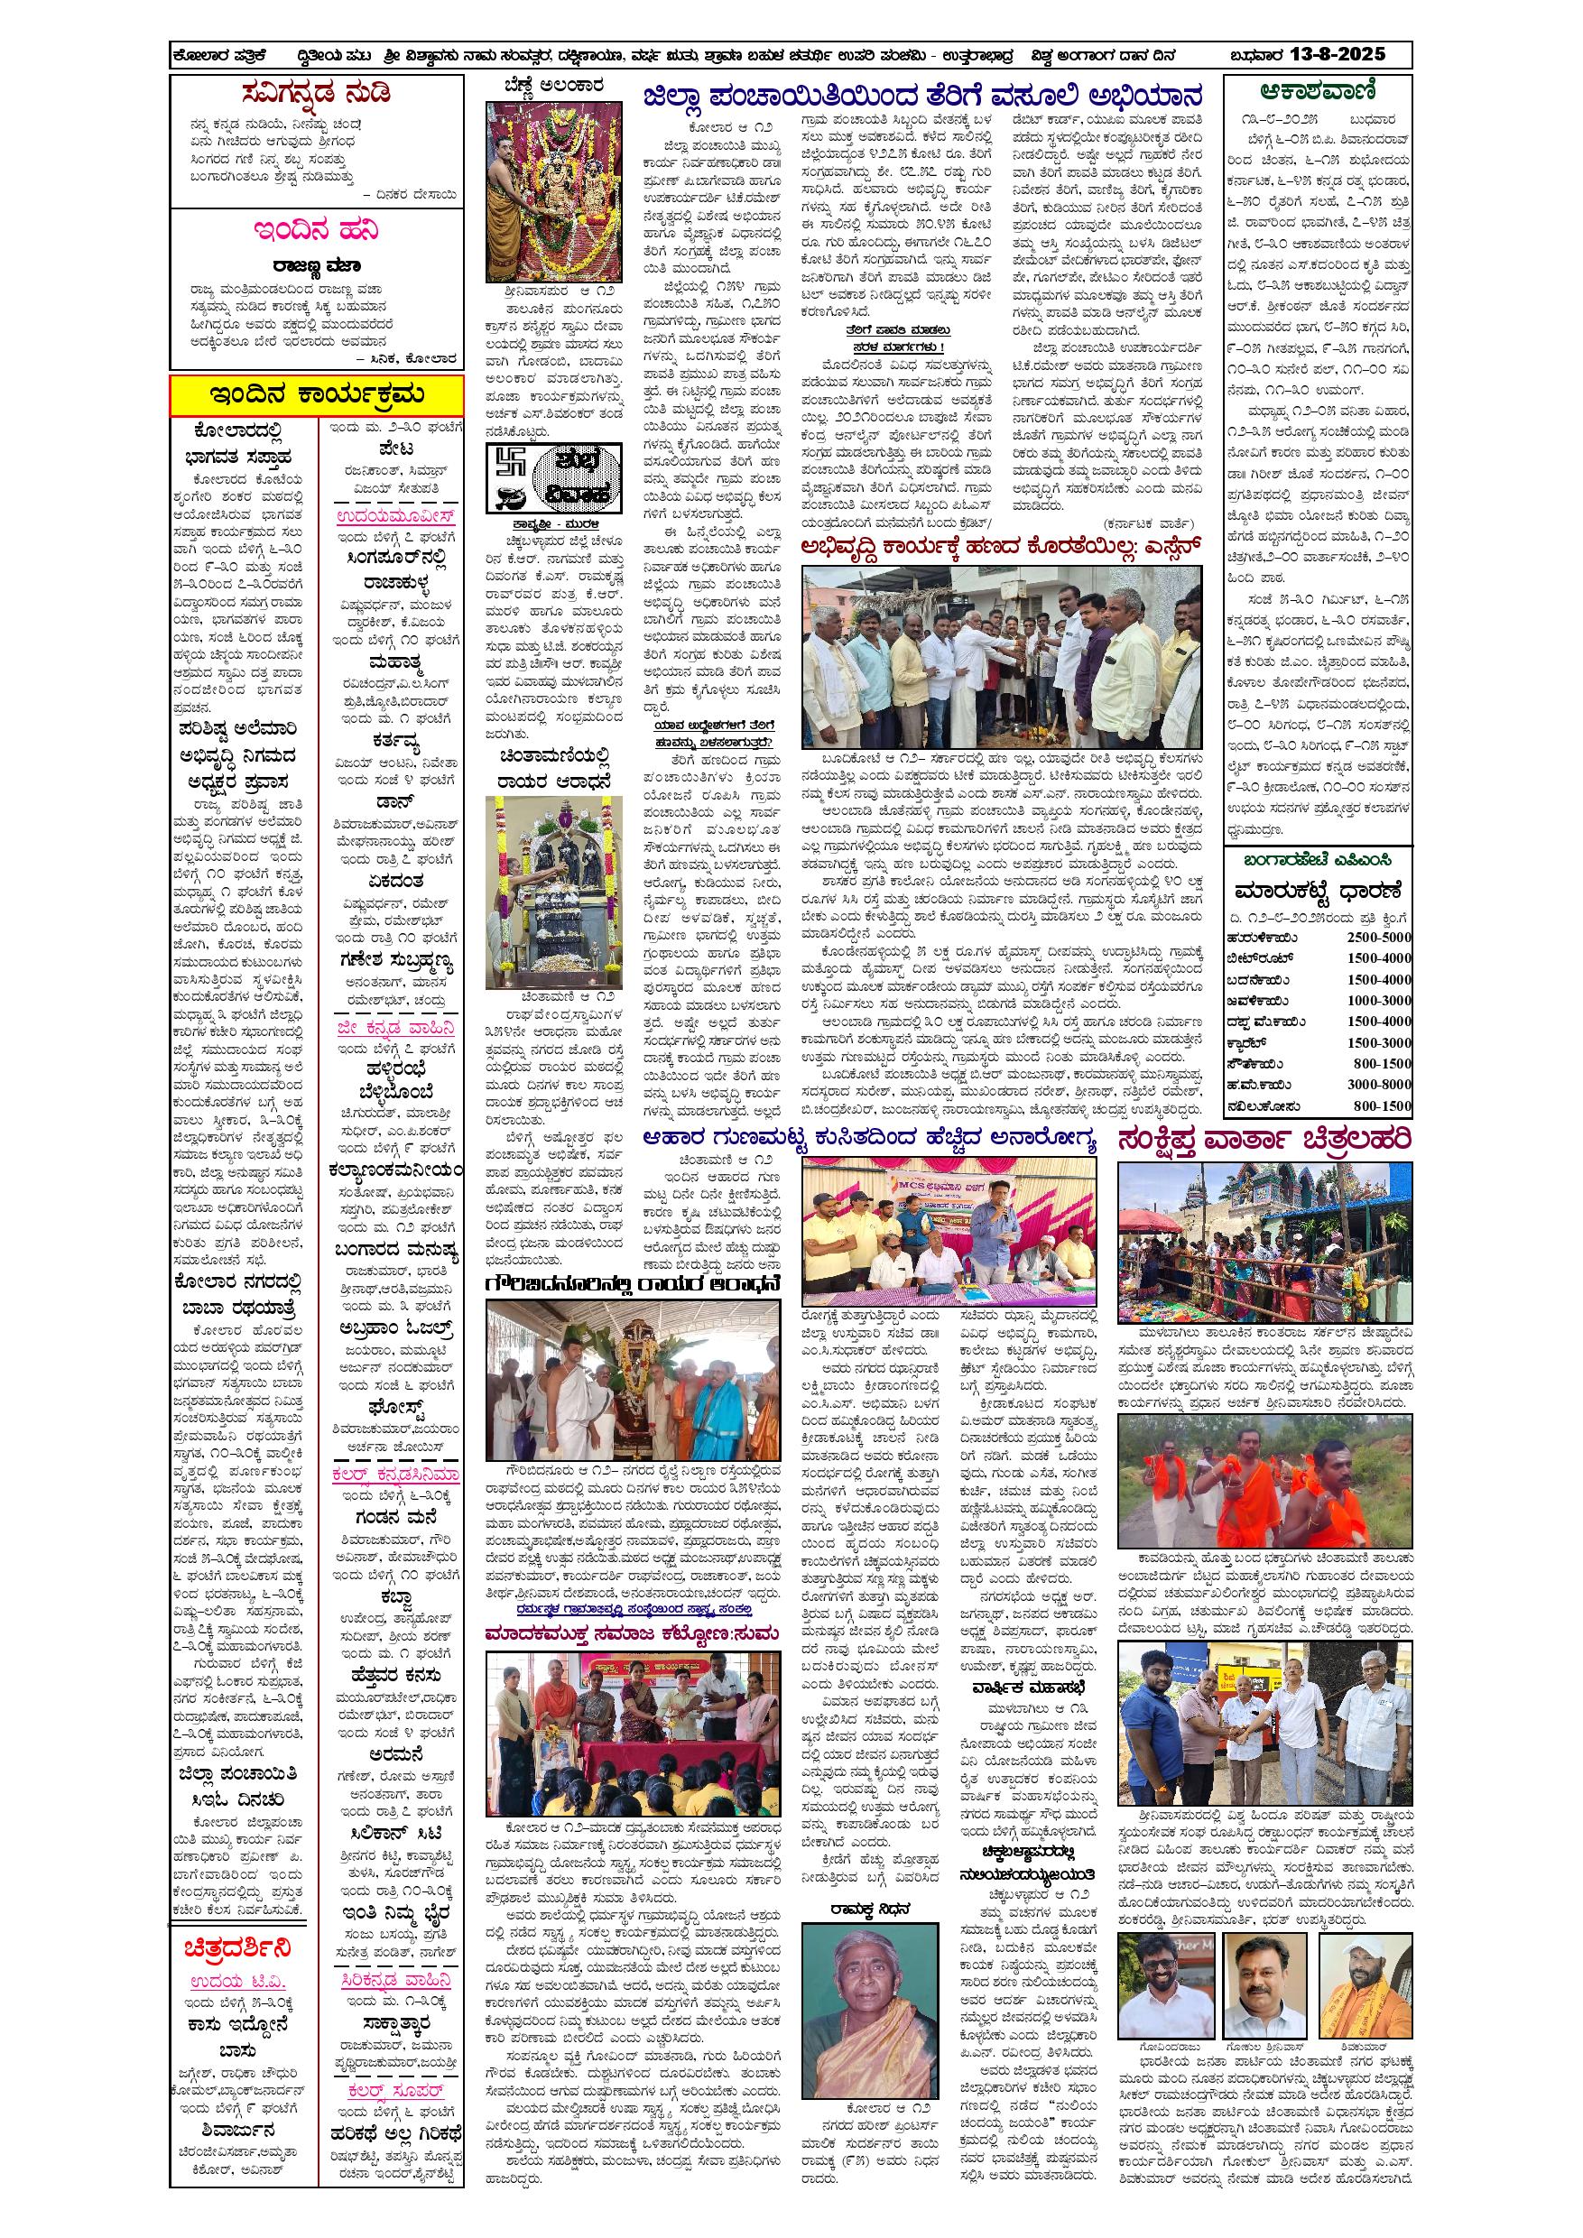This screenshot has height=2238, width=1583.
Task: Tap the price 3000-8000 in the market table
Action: [x=1379, y=1084]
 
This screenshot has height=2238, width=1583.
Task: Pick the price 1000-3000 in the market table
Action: [x=1379, y=1000]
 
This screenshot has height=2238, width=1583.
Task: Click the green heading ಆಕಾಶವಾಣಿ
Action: [x=1318, y=94]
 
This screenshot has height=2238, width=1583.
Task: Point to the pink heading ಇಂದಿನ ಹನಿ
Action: [x=317, y=232]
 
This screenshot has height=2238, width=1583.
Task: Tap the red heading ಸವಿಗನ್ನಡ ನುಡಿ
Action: [x=317, y=96]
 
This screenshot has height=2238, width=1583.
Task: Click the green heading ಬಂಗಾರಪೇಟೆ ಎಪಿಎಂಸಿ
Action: [x=1317, y=861]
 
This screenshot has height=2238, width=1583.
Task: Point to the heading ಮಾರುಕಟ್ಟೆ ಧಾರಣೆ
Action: [x=1317, y=892]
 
